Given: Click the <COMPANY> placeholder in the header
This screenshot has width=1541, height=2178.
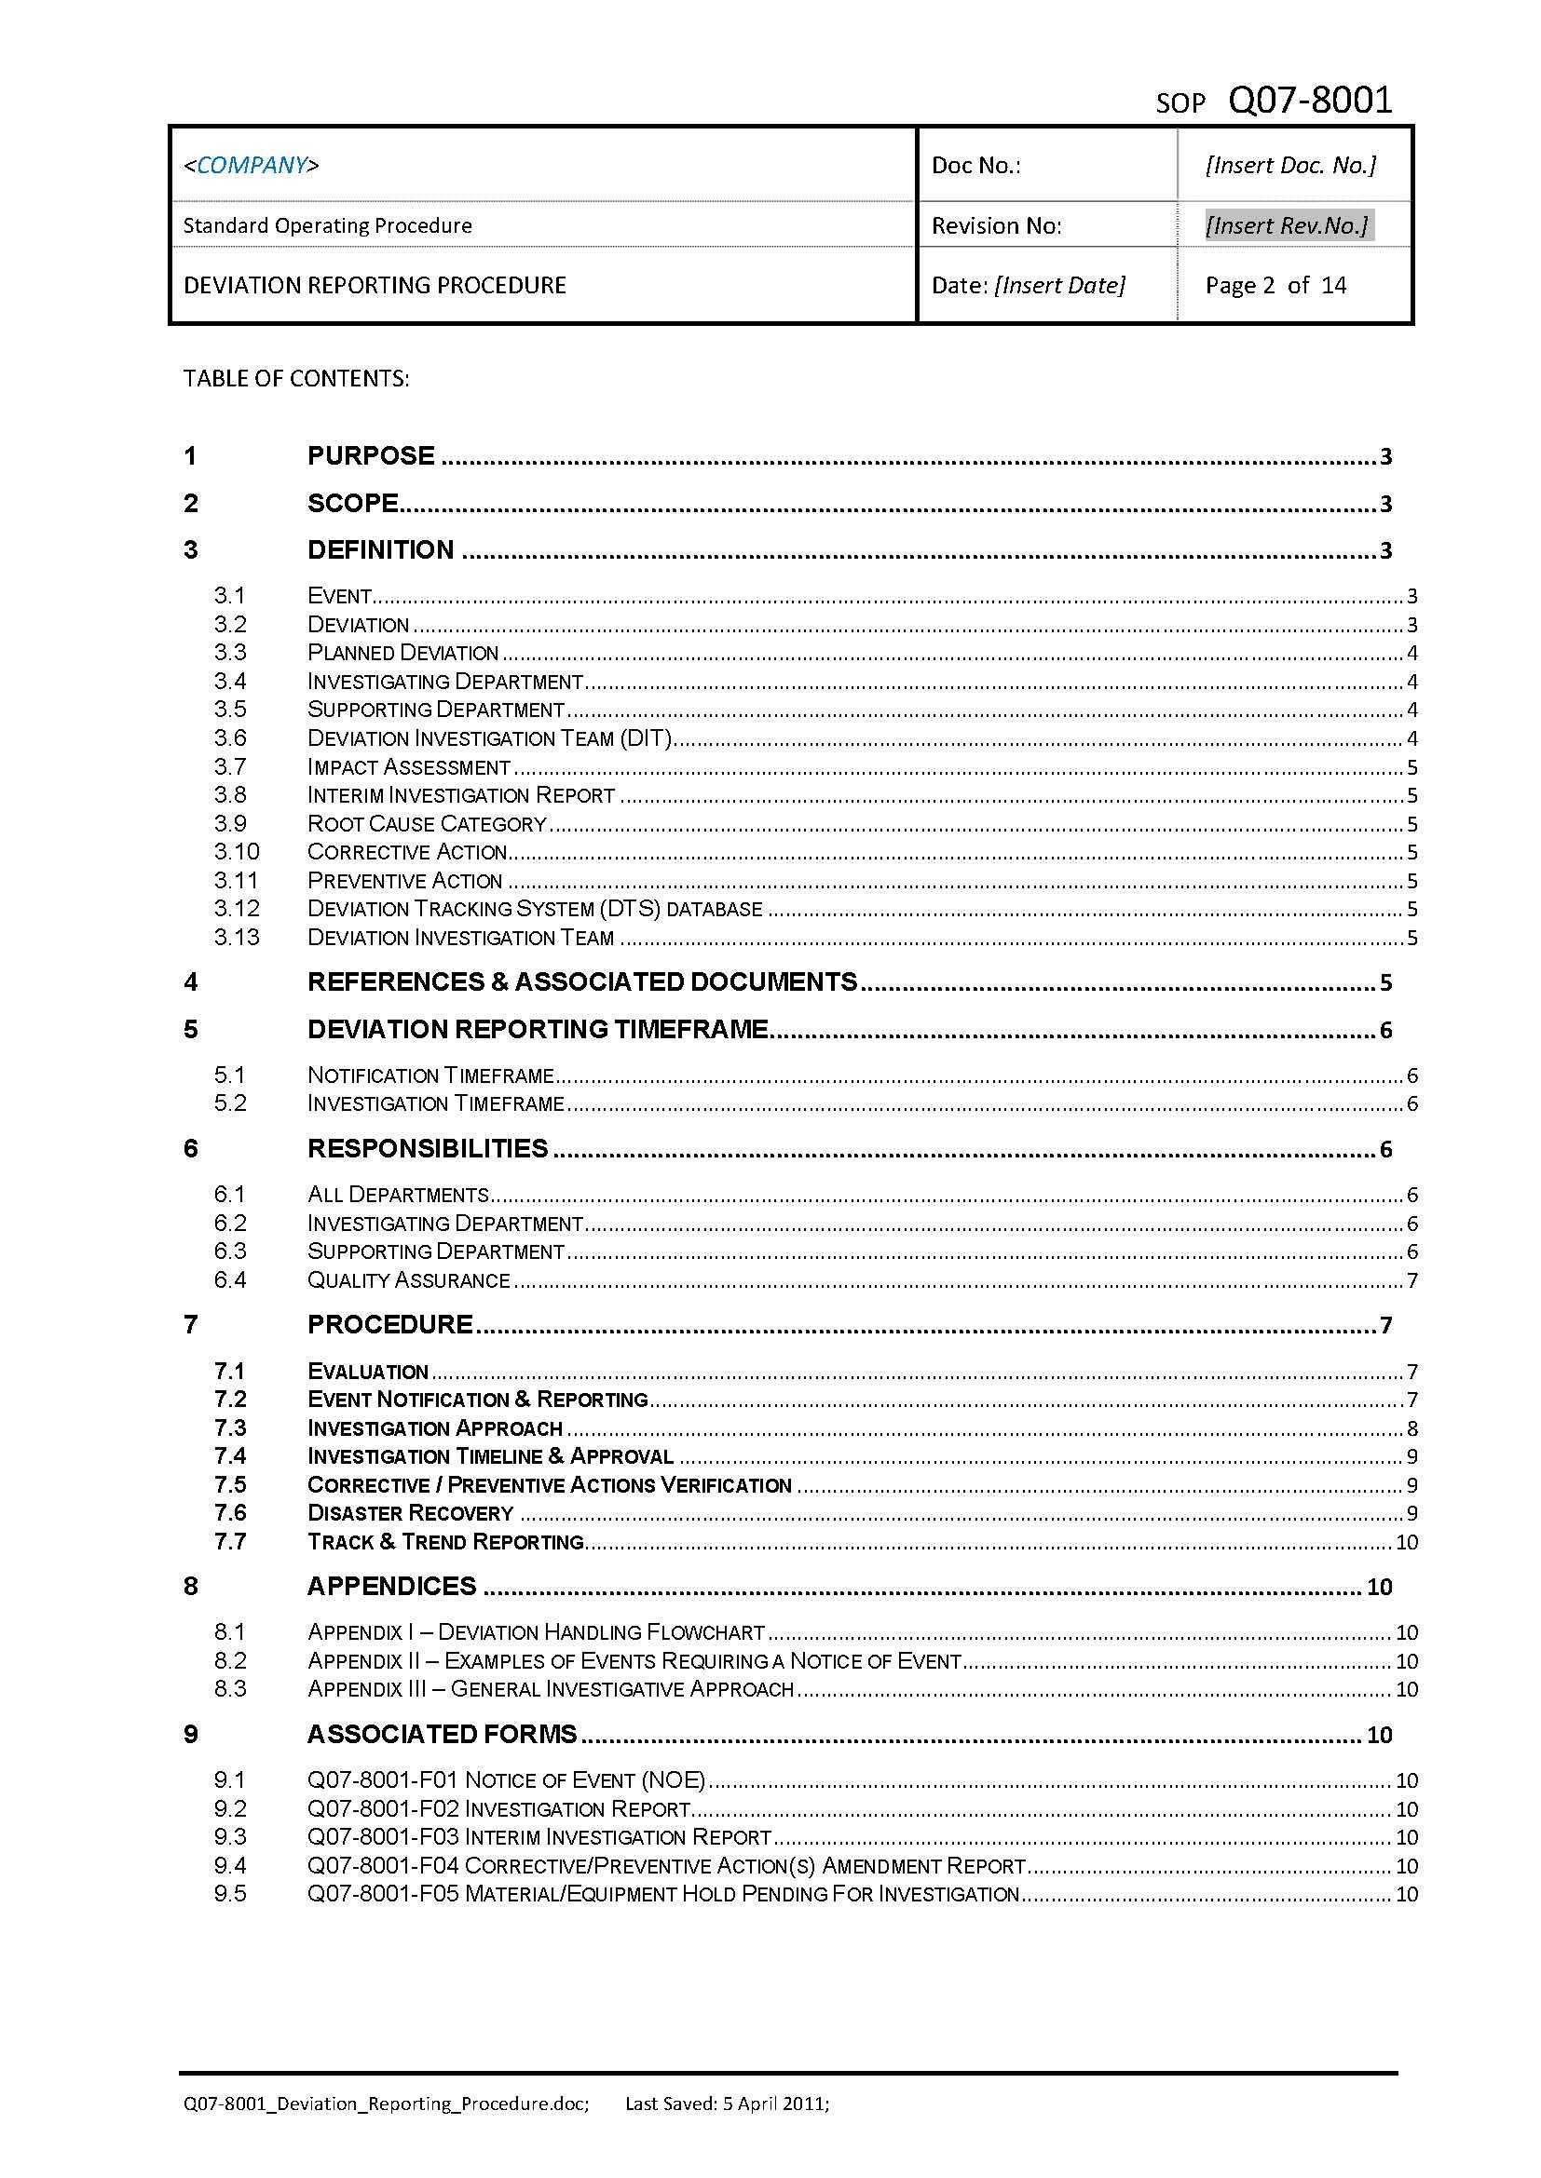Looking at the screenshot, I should (x=252, y=165).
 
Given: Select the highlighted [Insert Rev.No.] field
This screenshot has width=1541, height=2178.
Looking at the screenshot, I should (x=1287, y=224).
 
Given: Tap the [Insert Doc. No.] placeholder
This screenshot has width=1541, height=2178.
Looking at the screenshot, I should (x=1289, y=165).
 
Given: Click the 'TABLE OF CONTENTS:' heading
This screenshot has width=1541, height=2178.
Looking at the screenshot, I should (x=296, y=378).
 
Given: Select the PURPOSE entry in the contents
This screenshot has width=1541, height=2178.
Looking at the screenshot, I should (x=371, y=455).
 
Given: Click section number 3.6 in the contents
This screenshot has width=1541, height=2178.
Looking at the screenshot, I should (x=229, y=737).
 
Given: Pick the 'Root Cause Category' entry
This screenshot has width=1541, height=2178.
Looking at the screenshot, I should (x=427, y=823).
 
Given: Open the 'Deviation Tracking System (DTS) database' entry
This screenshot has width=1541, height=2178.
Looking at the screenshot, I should (x=534, y=909).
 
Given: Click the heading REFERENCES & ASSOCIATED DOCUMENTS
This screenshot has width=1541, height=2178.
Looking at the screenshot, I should (x=581, y=981).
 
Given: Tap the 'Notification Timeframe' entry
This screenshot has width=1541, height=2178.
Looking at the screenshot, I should (x=430, y=1075).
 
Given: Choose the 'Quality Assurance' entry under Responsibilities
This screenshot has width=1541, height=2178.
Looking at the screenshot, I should (x=408, y=1279).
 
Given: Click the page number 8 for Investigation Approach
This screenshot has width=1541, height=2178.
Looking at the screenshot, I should (x=1411, y=1428).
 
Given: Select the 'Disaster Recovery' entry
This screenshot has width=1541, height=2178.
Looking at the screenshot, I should (x=410, y=1513).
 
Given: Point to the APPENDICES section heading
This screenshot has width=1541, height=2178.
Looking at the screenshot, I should (x=391, y=1586).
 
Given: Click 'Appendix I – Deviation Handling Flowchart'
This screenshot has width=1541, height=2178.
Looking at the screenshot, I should (x=536, y=1631).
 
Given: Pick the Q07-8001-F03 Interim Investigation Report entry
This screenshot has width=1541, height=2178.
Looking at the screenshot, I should (x=539, y=1836).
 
